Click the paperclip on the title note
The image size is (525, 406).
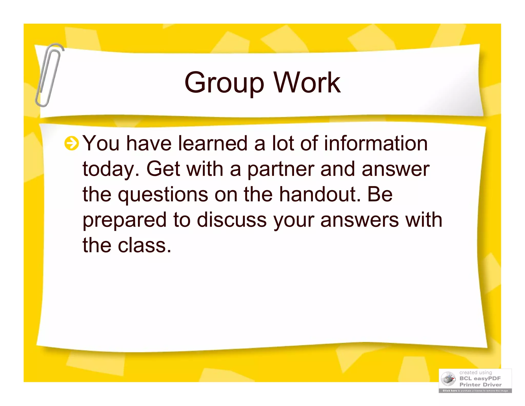tap(49, 74)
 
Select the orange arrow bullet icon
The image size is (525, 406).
tap(71, 143)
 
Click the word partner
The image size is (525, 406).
tap(280, 169)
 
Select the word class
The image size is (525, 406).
tap(144, 245)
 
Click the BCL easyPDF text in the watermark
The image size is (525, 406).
tap(480, 378)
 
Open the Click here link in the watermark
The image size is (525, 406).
tap(450, 391)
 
